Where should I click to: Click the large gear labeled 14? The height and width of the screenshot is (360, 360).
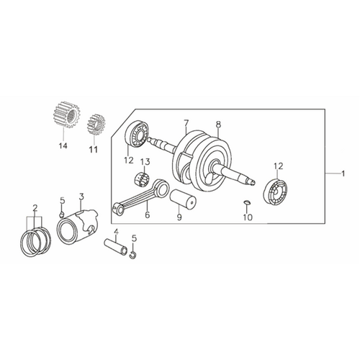pos(66,114)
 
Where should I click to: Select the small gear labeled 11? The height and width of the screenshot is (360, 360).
pos(96,125)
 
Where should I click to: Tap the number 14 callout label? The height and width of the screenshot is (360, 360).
pos(63,145)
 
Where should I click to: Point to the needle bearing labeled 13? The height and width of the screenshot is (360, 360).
pos(142,179)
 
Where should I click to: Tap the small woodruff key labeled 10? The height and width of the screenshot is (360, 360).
pos(247,203)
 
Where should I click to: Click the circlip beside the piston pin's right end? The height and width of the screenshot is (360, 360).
pos(132,255)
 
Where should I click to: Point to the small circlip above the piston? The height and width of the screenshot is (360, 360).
pos(62,215)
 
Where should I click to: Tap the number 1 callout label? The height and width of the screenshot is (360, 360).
pos(343,174)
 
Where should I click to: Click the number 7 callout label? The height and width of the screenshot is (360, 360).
pos(186,123)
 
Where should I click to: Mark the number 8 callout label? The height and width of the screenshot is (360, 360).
pos(218,125)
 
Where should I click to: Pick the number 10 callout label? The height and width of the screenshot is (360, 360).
pos(248,217)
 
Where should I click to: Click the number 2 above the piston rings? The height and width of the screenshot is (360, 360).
pos(35,208)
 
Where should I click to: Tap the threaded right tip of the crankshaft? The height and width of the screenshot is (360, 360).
pos(252,181)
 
